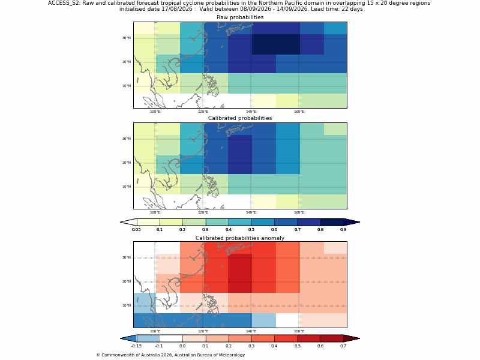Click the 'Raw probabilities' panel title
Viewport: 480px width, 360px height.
(240, 17)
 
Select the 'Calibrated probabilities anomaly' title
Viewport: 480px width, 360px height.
(240, 238)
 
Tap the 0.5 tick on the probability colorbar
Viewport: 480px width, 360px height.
(251, 230)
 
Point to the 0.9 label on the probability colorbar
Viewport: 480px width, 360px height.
(343, 230)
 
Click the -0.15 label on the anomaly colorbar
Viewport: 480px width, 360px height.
(136, 346)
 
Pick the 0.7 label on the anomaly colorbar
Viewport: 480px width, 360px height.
(343, 346)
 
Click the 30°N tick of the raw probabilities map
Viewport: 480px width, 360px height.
(127, 38)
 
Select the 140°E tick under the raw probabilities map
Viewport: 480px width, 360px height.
(251, 112)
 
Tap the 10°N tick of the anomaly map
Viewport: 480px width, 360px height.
(127, 305)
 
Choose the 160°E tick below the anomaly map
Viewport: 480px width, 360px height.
(299, 332)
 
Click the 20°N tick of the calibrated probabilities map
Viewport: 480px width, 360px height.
(127, 163)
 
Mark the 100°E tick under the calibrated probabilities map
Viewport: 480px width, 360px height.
(155, 213)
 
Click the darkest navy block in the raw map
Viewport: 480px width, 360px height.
(276, 44)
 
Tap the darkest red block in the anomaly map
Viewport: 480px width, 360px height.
(240, 274)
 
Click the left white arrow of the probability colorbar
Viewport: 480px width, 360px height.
(128, 222)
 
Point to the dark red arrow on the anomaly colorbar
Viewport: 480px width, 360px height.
(352, 338)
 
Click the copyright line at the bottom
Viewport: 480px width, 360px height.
(170, 355)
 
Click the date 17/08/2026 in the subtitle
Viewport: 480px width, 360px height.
(177, 9)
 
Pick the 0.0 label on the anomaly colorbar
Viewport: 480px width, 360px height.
(182, 346)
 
